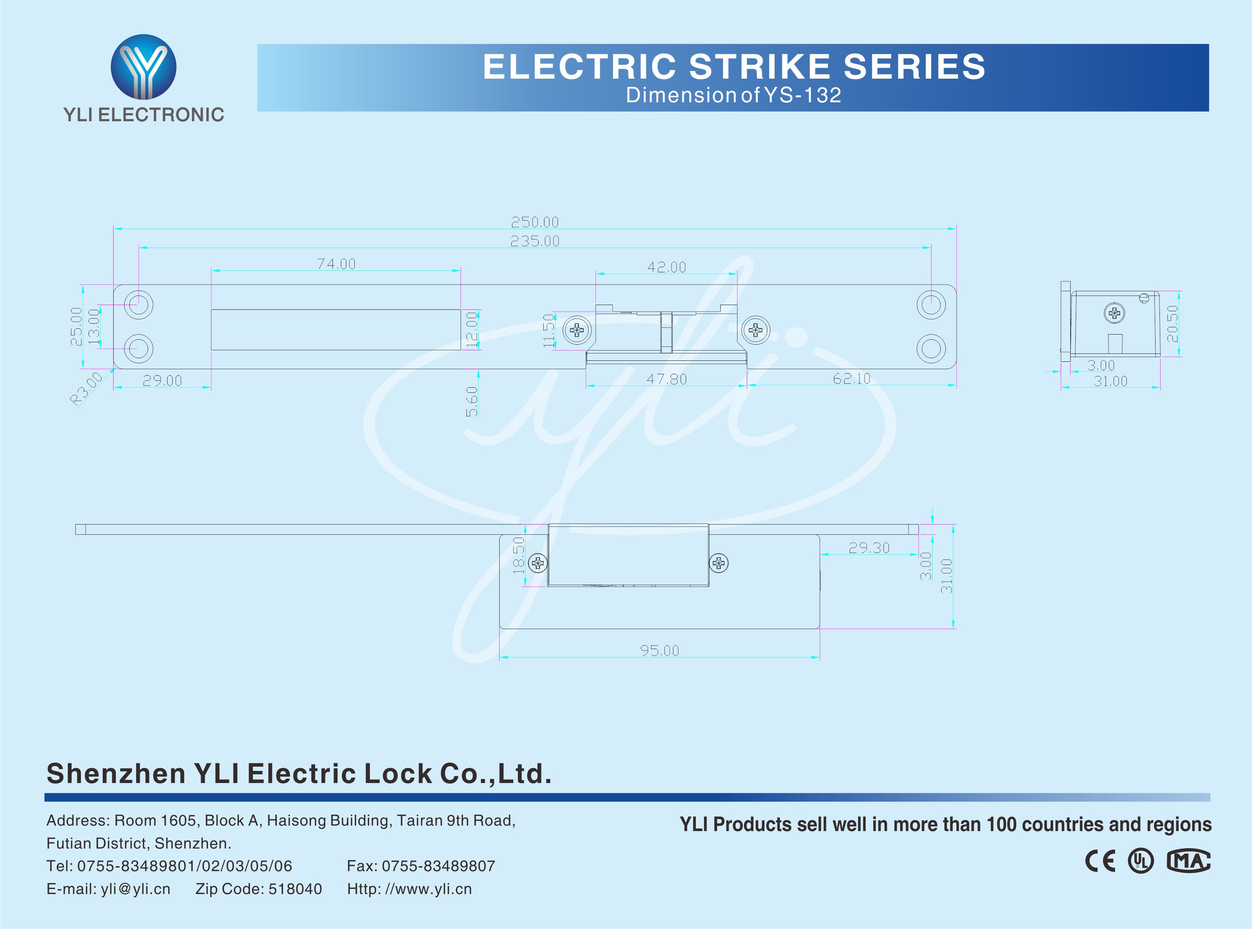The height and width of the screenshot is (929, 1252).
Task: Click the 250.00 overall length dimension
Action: tap(534, 222)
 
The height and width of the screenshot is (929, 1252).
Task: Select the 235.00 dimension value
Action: tap(534, 241)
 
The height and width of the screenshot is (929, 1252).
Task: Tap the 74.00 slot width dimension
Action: tap(336, 264)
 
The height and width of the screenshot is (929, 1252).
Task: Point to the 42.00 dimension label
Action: tap(666, 267)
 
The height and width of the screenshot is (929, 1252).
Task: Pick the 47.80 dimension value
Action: tap(666, 379)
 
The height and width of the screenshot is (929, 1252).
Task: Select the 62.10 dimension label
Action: tap(851, 379)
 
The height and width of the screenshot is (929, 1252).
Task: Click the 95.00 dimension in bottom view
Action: tap(659, 651)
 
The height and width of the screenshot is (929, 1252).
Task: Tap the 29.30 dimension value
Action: tap(869, 548)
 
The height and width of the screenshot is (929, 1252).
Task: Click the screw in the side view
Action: tap(1114, 313)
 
